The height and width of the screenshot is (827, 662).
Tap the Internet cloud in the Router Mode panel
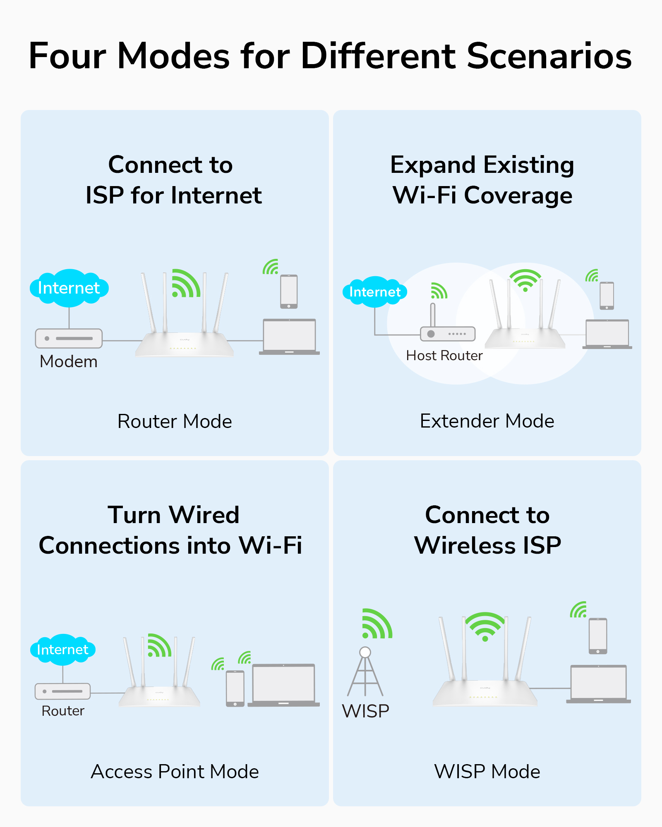69,288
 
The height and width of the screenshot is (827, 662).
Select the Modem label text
69,361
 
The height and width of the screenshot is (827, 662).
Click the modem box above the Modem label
69,338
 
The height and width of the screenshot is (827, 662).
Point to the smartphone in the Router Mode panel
289,291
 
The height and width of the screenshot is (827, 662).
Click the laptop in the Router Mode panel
289,336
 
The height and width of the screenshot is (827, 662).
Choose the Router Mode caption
175,421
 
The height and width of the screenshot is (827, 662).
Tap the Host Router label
444,356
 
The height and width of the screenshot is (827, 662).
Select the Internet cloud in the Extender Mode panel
374,292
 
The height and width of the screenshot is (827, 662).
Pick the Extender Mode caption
487,421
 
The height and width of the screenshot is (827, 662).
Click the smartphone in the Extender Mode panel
607,296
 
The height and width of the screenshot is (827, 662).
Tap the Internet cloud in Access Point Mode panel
62,650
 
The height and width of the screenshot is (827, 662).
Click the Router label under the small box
63,711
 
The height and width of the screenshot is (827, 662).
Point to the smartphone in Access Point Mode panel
235,688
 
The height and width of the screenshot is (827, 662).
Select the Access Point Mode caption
175,772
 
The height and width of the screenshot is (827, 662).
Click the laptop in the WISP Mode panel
598,684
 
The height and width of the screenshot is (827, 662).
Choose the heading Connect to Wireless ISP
487,530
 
